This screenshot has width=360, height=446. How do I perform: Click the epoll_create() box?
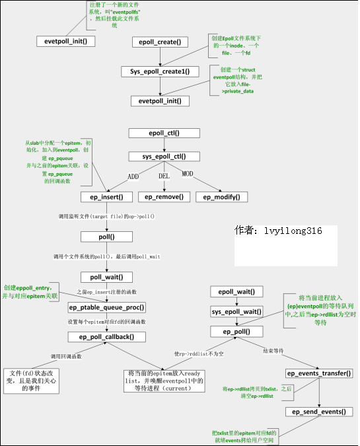[x=160, y=42]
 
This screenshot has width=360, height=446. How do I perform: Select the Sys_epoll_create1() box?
[x=160, y=71]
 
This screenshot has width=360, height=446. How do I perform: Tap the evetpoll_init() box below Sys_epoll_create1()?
[x=160, y=100]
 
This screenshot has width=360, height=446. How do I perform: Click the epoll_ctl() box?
[x=164, y=133]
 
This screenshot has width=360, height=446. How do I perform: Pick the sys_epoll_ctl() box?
[x=164, y=157]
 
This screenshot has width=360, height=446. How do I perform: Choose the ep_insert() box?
[x=107, y=197]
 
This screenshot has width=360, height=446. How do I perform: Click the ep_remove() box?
[x=164, y=197]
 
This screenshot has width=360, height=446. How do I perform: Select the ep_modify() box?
[x=221, y=197]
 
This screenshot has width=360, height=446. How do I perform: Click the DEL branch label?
[x=164, y=176]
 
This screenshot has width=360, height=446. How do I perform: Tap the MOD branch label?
[x=188, y=173]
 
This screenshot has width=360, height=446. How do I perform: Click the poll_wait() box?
[x=107, y=277]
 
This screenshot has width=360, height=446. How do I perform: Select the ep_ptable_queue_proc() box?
[x=107, y=307]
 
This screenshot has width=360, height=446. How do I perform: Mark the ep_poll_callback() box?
[x=107, y=336]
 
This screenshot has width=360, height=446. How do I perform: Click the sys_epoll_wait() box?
[x=236, y=311]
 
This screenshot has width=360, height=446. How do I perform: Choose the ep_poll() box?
[x=236, y=331]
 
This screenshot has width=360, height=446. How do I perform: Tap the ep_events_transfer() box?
[x=319, y=373]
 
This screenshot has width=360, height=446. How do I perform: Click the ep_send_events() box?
[x=319, y=412]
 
